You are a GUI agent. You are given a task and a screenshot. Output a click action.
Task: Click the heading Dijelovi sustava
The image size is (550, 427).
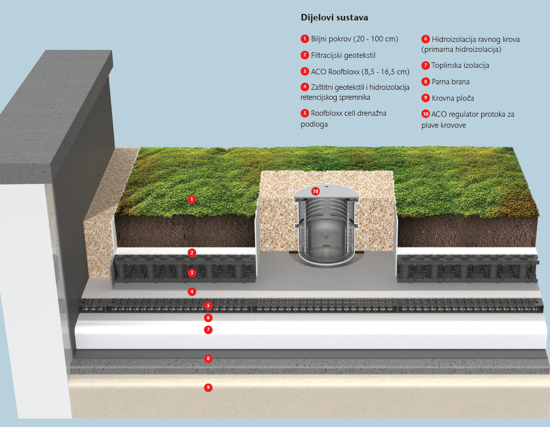click(334, 18)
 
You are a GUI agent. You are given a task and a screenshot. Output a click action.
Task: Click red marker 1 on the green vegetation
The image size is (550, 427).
click(191, 200)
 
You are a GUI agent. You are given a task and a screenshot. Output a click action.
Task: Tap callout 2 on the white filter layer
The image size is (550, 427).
click(191, 252)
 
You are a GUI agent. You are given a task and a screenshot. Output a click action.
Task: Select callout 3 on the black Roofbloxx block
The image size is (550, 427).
click(191, 272)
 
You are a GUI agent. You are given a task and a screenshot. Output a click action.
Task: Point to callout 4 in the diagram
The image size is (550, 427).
click(191, 291)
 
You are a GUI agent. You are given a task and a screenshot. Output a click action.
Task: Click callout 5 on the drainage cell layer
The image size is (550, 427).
click(208, 305)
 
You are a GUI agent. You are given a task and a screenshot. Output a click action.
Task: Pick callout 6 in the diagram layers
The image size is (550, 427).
click(208, 318)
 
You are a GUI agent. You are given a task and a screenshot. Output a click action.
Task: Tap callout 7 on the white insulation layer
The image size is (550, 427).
click(208, 330)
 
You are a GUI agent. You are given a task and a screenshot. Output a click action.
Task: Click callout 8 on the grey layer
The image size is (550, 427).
click(208, 359)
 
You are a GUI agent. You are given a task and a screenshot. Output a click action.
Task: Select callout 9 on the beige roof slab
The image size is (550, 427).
click(208, 387)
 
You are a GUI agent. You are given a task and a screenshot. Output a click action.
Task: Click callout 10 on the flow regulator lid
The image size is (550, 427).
click(315, 191)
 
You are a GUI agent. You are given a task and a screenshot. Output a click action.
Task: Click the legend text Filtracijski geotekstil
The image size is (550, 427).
click(343, 55)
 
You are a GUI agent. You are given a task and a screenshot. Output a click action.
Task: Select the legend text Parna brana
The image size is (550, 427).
click(450, 82)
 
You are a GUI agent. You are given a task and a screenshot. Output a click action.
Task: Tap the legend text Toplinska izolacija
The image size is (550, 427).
click(460, 66)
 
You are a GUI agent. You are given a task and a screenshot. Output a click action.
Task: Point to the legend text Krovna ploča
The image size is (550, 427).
click(453, 98)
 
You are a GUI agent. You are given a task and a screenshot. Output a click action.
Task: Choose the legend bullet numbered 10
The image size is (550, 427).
click(425, 114)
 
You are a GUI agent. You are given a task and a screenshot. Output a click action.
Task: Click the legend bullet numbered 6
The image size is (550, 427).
click(425, 39)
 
